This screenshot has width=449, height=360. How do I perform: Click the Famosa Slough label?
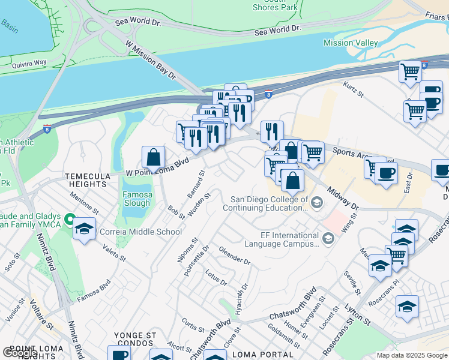coord(137,199)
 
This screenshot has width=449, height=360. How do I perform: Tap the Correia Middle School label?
coord(149,232)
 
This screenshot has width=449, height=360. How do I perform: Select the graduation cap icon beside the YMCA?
coord(84,229)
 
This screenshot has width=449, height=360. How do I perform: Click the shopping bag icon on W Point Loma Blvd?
coord(154,158)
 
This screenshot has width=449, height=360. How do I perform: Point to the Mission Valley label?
coord(351,43)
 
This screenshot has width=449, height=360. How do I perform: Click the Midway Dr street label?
coord(343,198)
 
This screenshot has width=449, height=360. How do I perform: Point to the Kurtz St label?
coord(354,91)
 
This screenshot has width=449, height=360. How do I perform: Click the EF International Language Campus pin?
coord(328,239)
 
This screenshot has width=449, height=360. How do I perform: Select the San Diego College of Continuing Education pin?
coord(318,203)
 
